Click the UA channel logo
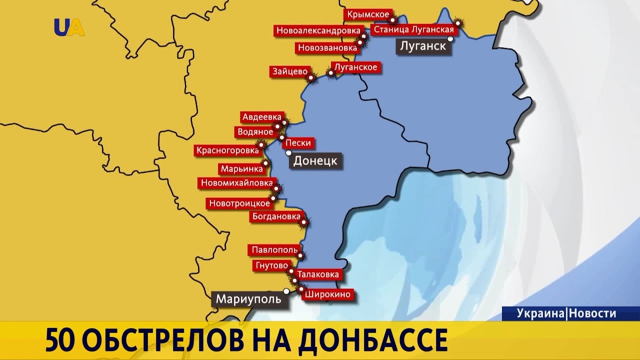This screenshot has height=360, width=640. click(69, 27)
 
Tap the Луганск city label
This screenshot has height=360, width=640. click(422, 46)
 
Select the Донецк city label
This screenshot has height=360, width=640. click(315, 161)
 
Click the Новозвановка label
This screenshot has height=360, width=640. click(327, 48)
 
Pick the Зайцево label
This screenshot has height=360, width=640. click(289, 71)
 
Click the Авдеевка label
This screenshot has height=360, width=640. click(261, 117)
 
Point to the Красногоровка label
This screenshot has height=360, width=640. click(227, 150)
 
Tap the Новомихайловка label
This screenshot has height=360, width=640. click(237, 183)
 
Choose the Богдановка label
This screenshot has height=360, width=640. click(276, 217)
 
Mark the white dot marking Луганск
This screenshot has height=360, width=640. click(450, 38)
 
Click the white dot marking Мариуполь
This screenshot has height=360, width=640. click(286, 291)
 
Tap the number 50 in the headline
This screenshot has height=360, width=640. click(60, 341)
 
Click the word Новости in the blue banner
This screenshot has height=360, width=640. click(593, 313)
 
